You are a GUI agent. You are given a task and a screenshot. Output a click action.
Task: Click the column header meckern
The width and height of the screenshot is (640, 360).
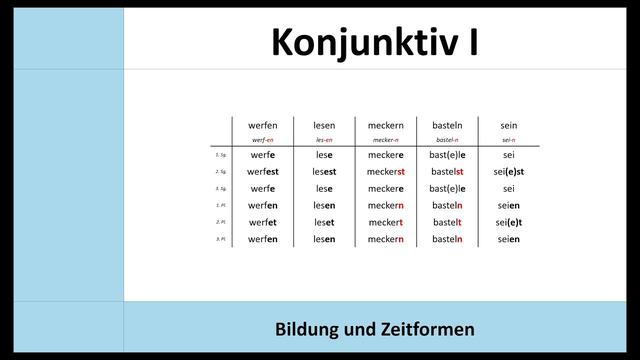pyautogui.click(x=386, y=125)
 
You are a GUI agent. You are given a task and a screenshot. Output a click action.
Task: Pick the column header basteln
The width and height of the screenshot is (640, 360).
pyautogui.click(x=447, y=125)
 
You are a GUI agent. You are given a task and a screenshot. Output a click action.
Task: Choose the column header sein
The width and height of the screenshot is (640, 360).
pyautogui.click(x=509, y=125)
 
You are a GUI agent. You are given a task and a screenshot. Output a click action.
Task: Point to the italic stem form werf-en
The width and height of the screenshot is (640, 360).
pyautogui.click(x=263, y=140)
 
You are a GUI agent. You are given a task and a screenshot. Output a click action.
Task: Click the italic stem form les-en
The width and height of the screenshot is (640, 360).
pyautogui.click(x=324, y=140)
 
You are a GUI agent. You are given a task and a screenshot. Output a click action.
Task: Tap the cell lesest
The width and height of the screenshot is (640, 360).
pyautogui.click(x=324, y=172)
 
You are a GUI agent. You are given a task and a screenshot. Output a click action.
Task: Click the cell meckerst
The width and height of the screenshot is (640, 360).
pyautogui.click(x=386, y=172)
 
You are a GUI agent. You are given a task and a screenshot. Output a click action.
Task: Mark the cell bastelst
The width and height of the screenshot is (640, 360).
pyautogui.click(x=447, y=172)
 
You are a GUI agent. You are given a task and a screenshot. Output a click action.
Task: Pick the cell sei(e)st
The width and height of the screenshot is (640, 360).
pyautogui.click(x=509, y=172)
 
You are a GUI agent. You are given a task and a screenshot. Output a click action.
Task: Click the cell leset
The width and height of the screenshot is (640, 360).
pyautogui.click(x=324, y=222)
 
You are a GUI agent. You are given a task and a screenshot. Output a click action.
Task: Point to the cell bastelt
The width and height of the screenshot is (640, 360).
pyautogui.click(x=447, y=222)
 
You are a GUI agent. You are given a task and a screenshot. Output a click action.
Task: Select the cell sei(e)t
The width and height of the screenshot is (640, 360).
pyautogui.click(x=509, y=222)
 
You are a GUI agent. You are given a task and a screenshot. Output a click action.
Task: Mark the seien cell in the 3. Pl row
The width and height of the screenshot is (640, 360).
pyautogui.click(x=509, y=239)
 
